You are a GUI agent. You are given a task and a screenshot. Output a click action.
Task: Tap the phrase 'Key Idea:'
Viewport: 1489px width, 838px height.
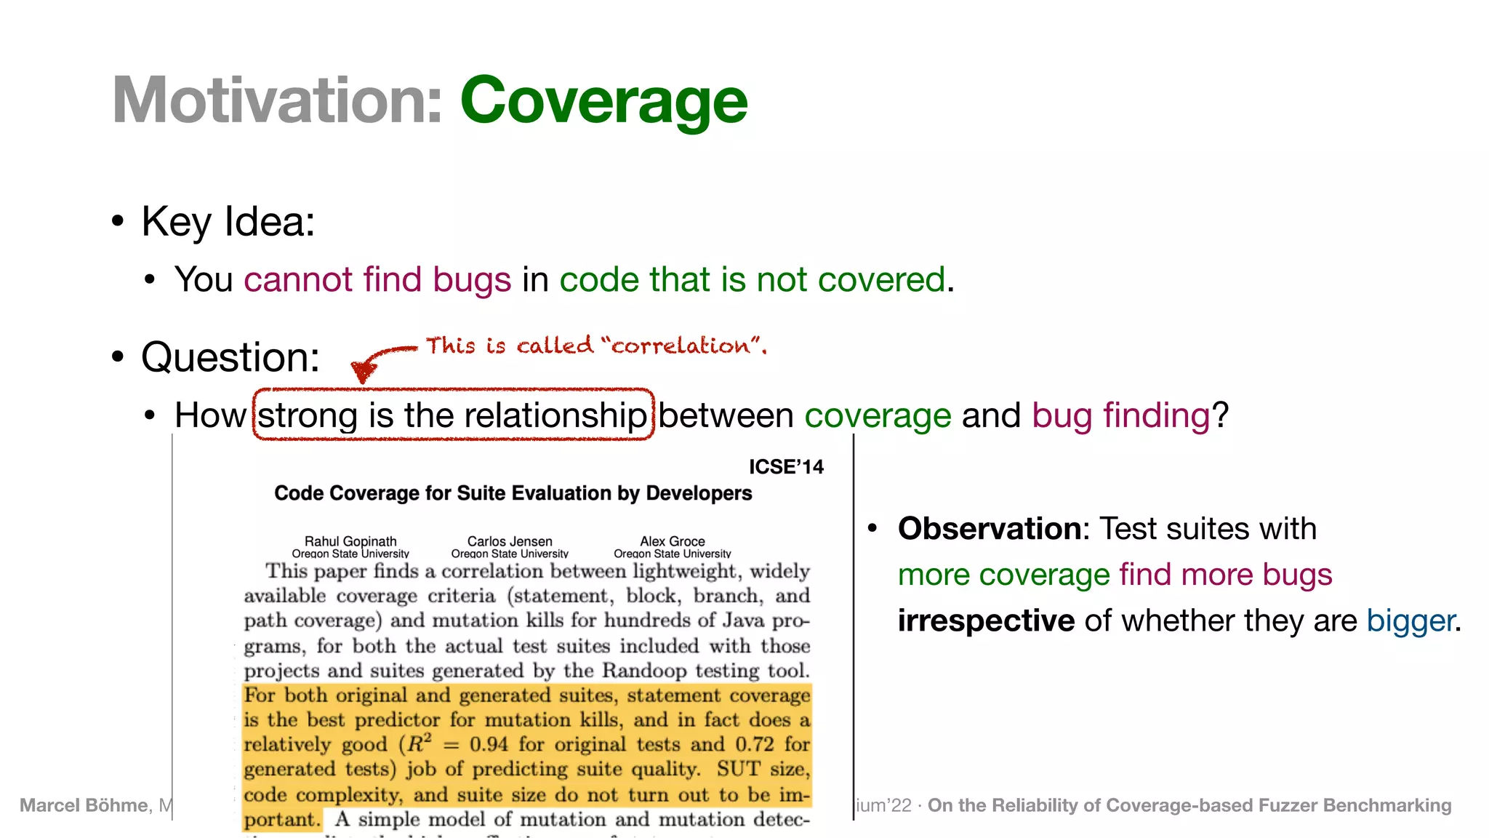[228, 221]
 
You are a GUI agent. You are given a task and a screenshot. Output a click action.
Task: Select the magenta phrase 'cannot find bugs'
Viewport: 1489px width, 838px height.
[377, 279]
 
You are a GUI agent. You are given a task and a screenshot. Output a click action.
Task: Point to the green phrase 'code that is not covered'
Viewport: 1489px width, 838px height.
[752, 279]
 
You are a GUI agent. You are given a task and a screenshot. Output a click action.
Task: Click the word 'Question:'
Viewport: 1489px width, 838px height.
[230, 357]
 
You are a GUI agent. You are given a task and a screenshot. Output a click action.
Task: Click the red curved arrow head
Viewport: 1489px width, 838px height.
[363, 372]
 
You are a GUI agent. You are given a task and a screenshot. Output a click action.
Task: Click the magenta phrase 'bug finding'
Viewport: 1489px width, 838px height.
[1120, 415]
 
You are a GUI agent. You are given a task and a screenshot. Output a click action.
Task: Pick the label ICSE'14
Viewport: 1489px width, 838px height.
[786, 467]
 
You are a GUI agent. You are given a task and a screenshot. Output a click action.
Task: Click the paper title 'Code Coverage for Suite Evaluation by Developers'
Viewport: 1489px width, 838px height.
[513, 493]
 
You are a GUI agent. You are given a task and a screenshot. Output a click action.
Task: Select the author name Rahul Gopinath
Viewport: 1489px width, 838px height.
[350, 541]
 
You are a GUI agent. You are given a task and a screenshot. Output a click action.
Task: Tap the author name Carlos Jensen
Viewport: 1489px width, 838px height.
[510, 541]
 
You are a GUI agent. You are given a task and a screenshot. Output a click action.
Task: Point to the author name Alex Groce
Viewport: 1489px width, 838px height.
[672, 541]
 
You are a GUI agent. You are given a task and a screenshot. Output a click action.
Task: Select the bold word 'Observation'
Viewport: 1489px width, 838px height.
[990, 529]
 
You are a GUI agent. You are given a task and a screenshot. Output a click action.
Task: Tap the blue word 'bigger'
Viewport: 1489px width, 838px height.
[1410, 620]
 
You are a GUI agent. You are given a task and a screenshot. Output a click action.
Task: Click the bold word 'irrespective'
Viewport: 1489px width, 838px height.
[986, 620]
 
